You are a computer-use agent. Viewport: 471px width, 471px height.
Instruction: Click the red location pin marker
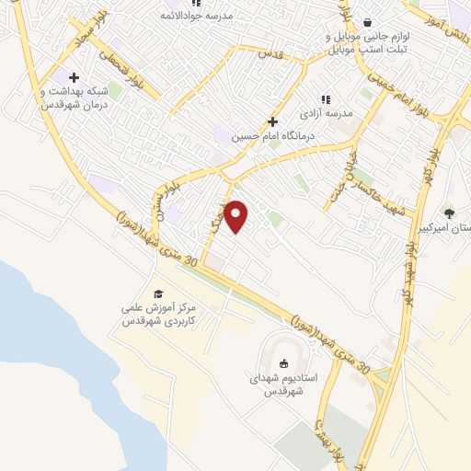(236, 216)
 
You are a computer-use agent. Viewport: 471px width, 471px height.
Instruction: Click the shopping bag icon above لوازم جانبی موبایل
(367, 23)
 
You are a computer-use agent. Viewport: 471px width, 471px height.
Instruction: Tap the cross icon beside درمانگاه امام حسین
(272, 121)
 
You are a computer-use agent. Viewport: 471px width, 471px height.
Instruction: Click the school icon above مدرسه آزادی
(325, 98)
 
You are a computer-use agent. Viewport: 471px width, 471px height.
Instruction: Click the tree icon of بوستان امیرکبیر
(449, 213)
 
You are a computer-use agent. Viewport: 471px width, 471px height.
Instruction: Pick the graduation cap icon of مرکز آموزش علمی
(158, 293)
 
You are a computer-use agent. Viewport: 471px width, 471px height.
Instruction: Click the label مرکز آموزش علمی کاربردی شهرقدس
(156, 314)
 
